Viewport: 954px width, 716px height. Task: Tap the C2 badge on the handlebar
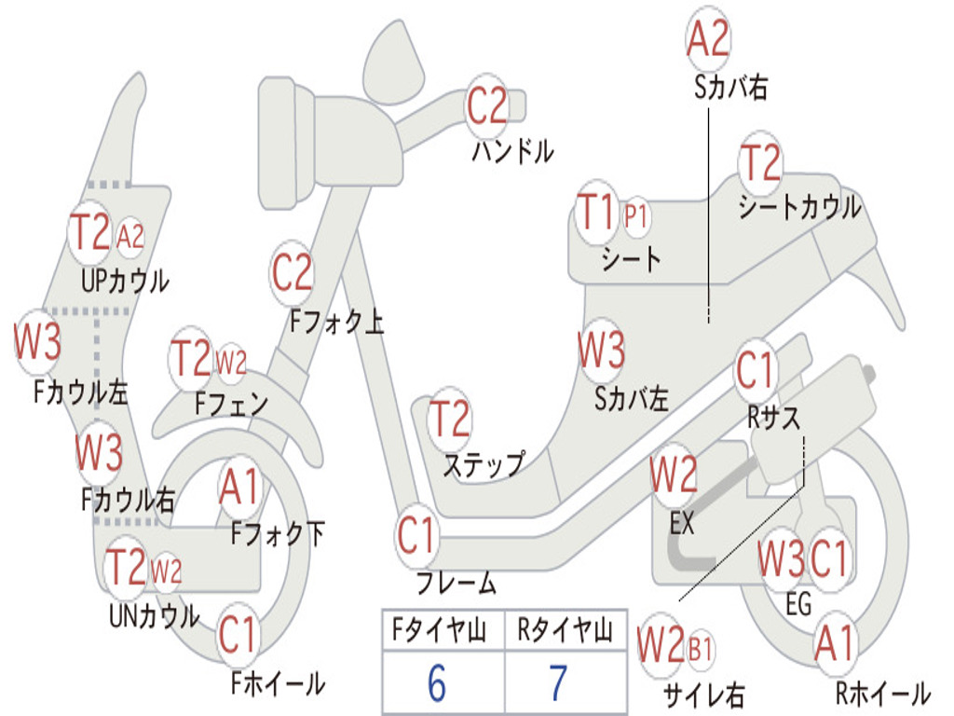coord(486,105)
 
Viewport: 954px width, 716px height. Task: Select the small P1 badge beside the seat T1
coord(635,216)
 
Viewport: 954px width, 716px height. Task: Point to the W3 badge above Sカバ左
coord(601,349)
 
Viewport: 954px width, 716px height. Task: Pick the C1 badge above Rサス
coord(755,369)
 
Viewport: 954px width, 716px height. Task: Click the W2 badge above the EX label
coord(673,475)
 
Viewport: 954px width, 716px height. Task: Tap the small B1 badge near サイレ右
coord(700,649)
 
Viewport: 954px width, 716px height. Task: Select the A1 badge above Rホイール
coord(834,643)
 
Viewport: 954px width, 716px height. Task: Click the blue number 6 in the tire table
coord(437,682)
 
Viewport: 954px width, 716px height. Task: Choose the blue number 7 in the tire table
coord(559,682)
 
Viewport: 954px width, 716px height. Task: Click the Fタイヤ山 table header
coord(439,629)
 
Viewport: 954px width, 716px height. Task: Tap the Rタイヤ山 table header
coord(565,629)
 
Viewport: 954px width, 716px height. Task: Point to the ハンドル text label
coord(513,151)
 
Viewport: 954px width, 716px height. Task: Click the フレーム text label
coord(457,583)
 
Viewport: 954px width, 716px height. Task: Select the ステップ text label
coord(484,466)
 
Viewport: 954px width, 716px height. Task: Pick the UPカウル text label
coord(125,281)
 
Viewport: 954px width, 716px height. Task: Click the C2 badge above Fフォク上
coord(292,272)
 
